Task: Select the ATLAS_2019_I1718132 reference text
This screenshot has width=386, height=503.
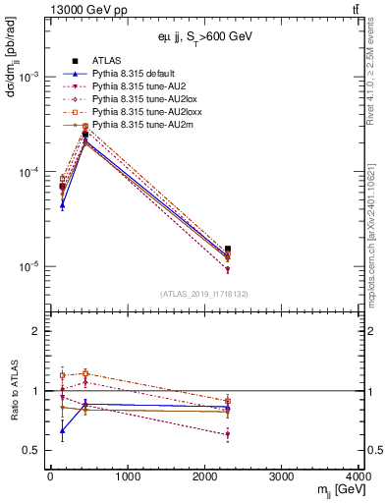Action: click(x=204, y=293)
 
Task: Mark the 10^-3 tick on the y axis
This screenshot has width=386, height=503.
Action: click(x=28, y=77)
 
